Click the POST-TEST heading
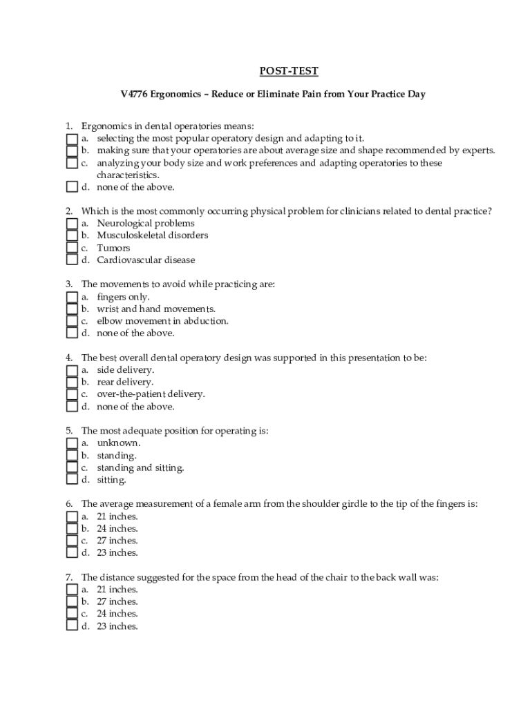289,71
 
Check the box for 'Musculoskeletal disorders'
72,235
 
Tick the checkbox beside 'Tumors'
72,248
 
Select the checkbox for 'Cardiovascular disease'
72,260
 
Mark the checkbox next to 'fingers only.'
72,297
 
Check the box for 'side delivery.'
72,370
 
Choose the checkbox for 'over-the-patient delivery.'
72,394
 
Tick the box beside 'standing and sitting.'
72,467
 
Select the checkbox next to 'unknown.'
72,443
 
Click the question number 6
69,504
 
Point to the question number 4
69,358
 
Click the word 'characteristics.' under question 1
128,175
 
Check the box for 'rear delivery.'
72,382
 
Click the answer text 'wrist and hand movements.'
156,309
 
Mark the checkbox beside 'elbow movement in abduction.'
72,321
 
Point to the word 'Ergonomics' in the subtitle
178,95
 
